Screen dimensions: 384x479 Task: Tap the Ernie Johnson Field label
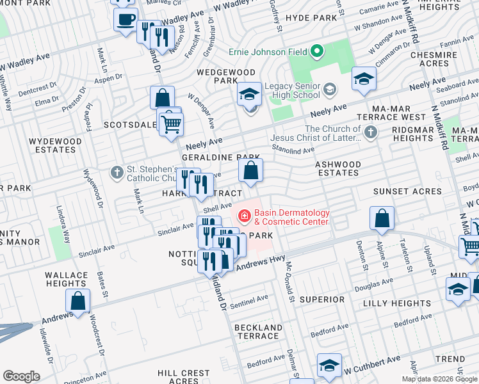269,51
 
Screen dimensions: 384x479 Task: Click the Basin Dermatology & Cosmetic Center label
291,217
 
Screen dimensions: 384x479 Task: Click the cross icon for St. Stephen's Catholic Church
117,172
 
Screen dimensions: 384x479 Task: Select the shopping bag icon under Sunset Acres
382,218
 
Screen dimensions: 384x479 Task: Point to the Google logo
21,376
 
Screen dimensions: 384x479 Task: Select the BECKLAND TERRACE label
258,332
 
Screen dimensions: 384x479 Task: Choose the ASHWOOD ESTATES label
337,169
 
